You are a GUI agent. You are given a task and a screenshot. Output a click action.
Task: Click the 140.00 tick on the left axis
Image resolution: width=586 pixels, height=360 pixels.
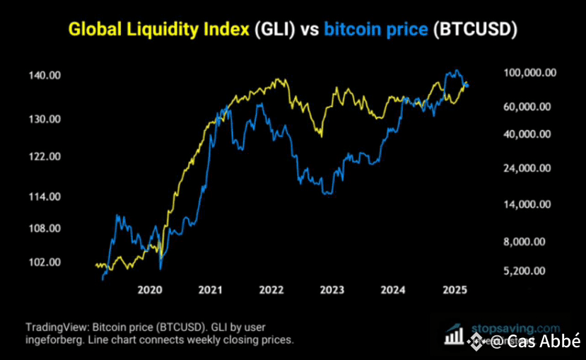point(43,75)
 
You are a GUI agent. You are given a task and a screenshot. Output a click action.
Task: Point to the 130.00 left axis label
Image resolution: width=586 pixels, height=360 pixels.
point(43,119)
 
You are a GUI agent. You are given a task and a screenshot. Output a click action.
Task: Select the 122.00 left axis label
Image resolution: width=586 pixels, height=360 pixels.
point(43,156)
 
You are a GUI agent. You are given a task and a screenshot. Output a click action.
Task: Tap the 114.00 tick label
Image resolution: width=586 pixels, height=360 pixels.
point(43,196)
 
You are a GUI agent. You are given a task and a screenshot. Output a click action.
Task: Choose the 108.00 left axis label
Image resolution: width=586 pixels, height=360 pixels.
point(43,228)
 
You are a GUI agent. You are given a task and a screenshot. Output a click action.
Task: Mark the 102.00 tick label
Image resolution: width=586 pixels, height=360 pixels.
point(43,262)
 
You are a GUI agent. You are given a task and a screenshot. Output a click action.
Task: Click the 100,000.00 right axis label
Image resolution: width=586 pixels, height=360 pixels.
point(528,72)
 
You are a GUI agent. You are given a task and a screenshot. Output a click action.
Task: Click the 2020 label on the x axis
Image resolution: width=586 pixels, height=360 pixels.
point(150,290)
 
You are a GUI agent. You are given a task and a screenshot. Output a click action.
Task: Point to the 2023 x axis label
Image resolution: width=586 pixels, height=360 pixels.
point(332,290)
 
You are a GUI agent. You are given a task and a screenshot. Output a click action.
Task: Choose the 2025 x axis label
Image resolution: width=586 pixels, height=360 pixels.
point(454,290)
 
